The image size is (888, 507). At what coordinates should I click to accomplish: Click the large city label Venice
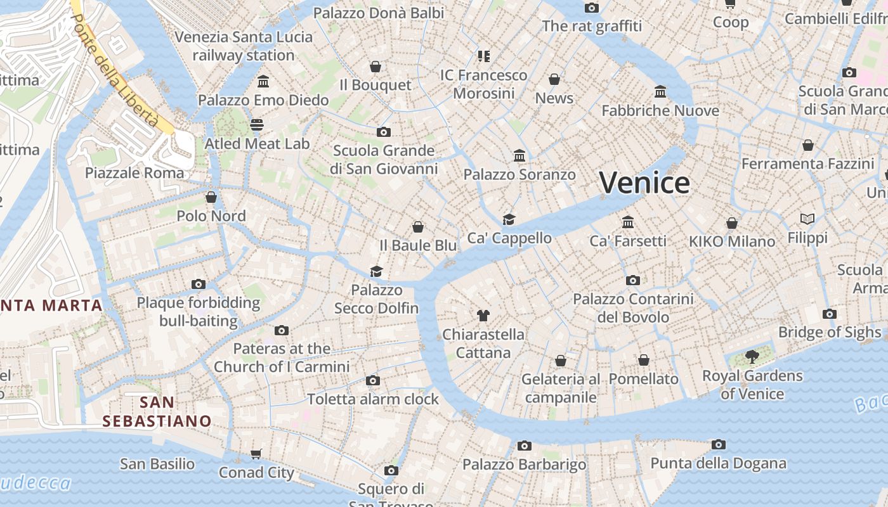coord(644,183)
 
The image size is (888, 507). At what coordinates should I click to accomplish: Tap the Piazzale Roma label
coord(134,173)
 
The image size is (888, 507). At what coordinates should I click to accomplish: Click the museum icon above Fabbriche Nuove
coord(660,92)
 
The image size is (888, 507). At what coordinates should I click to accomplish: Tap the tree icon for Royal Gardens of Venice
coord(752,357)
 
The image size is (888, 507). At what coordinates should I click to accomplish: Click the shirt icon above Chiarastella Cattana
coord(483,315)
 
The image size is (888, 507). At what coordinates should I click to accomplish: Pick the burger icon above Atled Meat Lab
coord(257,124)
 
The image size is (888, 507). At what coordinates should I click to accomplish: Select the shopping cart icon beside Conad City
coord(256,454)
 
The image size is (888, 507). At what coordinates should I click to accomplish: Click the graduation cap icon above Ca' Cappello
coord(509,219)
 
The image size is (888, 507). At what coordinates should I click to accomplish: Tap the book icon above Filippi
coord(807,219)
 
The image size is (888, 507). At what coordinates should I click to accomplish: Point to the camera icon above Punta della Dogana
coord(718,445)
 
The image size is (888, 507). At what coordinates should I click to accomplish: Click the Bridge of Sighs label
coord(830,332)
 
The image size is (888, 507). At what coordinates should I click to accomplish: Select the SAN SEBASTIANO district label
coord(157,411)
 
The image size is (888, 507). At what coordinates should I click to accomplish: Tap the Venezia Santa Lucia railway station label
coord(244,46)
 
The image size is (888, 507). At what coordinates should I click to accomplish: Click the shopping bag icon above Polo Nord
coord(211,197)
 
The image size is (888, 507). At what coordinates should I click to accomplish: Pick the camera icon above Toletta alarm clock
coord(373,381)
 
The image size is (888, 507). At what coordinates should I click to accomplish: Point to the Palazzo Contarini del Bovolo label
coord(633,307)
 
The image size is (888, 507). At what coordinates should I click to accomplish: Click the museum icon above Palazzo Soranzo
coord(519,156)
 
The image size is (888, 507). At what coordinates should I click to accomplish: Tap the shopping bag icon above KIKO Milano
coord(732,223)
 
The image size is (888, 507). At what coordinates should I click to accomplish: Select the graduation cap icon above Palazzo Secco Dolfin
coord(377,272)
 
